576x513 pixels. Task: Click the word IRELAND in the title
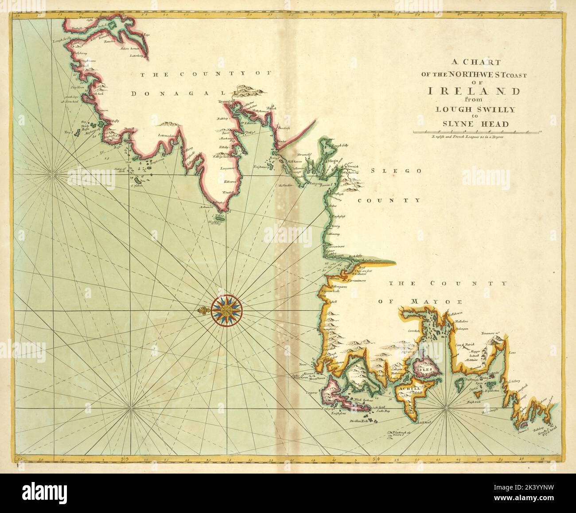click(x=474, y=92)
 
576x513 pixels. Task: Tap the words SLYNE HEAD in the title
click(x=473, y=124)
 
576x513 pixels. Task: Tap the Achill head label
click(x=424, y=422)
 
